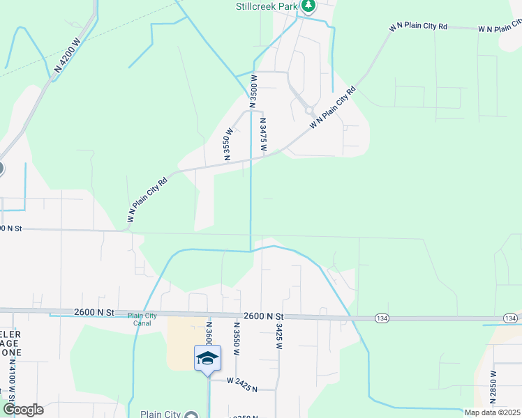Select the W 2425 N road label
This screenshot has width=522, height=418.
(241, 380)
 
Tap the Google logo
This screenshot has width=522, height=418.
(22, 410)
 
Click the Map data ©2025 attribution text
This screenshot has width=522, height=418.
(492, 412)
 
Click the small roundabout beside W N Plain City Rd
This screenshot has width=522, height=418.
(308, 109)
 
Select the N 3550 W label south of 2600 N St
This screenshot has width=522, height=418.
(237, 339)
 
